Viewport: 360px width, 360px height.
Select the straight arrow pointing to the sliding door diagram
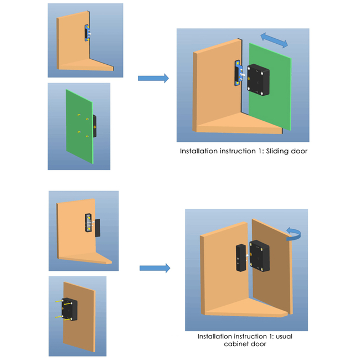coord(153,79)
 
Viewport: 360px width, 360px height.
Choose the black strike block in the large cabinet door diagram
coord(240,258)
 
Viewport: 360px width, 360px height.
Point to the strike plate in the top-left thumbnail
coord(88,33)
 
